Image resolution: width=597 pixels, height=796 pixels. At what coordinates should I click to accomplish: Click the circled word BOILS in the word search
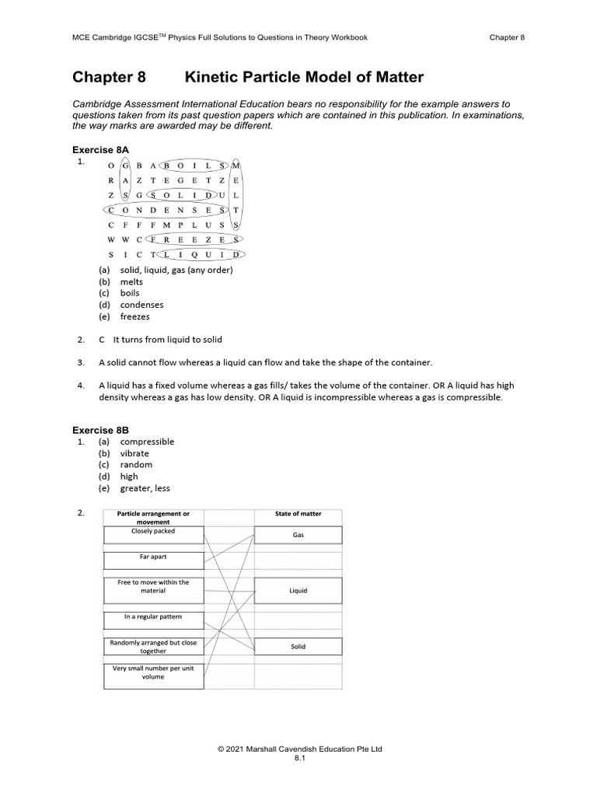pyautogui.click(x=194, y=166)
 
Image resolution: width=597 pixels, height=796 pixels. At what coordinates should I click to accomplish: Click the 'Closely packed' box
pyautogui.click(x=153, y=535)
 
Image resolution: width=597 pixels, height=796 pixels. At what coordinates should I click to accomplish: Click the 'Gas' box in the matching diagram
pyautogui.click(x=298, y=536)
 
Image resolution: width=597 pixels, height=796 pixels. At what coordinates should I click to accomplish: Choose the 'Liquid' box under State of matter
pyautogui.click(x=298, y=591)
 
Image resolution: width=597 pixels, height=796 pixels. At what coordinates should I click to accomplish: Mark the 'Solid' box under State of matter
pyautogui.click(x=298, y=647)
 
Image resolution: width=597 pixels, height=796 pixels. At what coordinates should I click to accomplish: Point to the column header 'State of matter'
pyautogui.click(x=298, y=514)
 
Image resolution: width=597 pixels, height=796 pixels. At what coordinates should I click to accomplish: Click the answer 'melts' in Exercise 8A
pyautogui.click(x=131, y=281)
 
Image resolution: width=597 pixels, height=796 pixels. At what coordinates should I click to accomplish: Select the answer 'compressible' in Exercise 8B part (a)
pyautogui.click(x=147, y=442)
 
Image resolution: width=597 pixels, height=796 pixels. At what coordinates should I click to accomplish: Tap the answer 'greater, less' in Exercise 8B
pyautogui.click(x=145, y=488)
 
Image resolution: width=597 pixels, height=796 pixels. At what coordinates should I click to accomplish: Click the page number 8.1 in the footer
pyautogui.click(x=299, y=759)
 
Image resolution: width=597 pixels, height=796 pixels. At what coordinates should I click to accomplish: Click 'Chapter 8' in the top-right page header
pyautogui.click(x=507, y=37)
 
